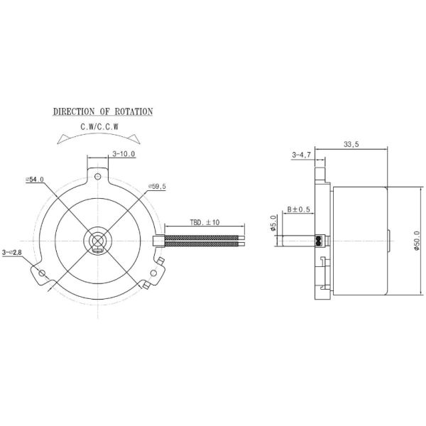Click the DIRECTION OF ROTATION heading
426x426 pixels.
pyautogui.click(x=103, y=112)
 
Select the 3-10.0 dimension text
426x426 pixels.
pyautogui.click(x=123, y=153)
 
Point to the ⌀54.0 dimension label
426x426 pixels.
pyautogui.click(x=35, y=180)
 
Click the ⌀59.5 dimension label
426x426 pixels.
pyautogui.click(x=157, y=186)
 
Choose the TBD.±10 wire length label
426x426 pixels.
pyautogui.click(x=204, y=222)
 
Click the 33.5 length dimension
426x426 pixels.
pyautogui.click(x=350, y=144)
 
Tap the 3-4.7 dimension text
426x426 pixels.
pyautogui.click(x=301, y=153)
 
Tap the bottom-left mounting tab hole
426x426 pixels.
pyautogui.click(x=42, y=273)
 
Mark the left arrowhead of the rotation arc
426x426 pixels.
pyautogui.click(x=57, y=143)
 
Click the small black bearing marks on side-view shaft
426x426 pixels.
pyautogui.click(x=319, y=240)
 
